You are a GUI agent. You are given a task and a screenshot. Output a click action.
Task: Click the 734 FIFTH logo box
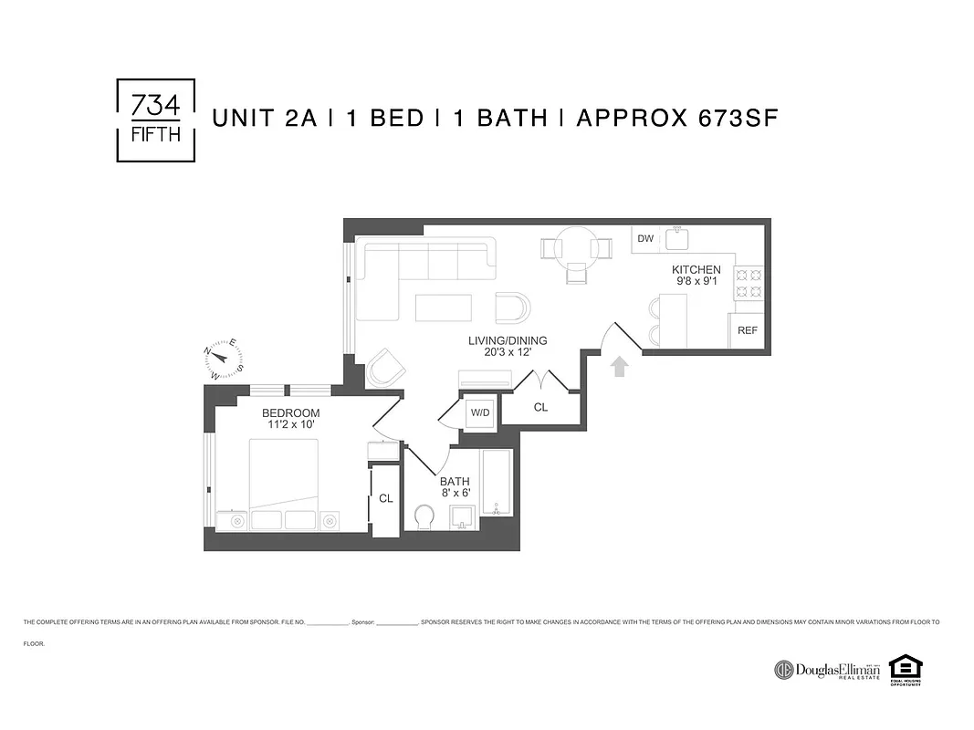pyautogui.click(x=156, y=120)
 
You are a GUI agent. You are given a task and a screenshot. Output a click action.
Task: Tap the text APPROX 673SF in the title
pyautogui.click(x=676, y=119)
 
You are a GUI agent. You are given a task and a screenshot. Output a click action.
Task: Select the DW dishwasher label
pyautogui.click(x=645, y=239)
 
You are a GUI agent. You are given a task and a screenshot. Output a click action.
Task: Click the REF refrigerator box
pyautogui.click(x=747, y=330)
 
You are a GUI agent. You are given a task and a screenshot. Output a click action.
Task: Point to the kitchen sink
pyautogui.click(x=678, y=238)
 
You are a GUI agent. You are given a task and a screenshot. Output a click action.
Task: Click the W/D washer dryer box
pyautogui.click(x=479, y=412)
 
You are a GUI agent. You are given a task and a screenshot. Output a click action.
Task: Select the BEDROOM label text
pyautogui.click(x=290, y=413)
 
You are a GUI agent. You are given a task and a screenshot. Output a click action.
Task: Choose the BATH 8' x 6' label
pyautogui.click(x=454, y=487)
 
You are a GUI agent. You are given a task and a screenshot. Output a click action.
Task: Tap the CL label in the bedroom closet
pyautogui.click(x=385, y=498)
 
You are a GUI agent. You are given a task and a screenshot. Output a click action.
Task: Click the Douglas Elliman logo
pyautogui.click(x=827, y=670)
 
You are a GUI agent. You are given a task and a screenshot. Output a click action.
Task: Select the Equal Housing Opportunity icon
pyautogui.click(x=906, y=669)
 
